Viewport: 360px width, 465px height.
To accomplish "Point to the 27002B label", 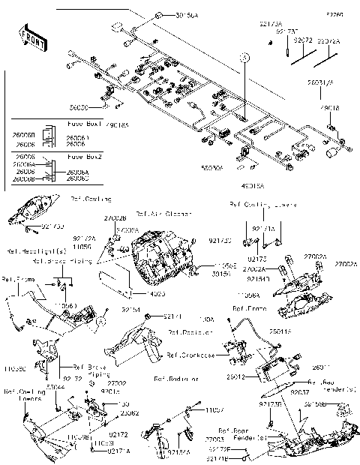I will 115,217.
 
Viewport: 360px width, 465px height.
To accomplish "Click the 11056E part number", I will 227,265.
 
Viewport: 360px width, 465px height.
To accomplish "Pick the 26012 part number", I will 234,377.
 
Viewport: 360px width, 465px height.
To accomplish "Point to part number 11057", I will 214,409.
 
